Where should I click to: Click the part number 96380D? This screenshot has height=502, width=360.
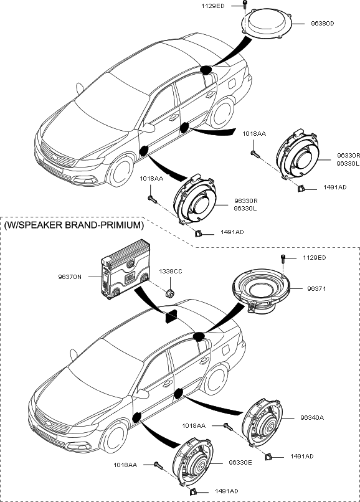(x=322, y=24)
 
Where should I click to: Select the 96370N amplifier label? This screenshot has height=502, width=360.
(x=70, y=277)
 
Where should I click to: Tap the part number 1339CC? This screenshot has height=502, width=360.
(x=171, y=271)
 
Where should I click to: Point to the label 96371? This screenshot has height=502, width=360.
(x=316, y=288)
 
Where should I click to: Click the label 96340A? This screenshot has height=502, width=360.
(x=312, y=417)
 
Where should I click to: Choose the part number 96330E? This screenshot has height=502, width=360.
(x=240, y=462)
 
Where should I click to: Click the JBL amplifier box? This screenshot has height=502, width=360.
(x=126, y=270)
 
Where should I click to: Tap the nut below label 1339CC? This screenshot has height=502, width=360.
(x=170, y=293)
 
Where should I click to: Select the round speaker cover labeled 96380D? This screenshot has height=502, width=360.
(x=267, y=23)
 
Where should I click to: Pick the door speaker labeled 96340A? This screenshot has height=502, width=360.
(x=262, y=422)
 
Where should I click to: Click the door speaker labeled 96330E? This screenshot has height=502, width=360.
(x=193, y=461)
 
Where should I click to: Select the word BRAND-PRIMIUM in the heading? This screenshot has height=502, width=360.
(x=103, y=225)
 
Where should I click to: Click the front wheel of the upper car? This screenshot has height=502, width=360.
(x=121, y=171)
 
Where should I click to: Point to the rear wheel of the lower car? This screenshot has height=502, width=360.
(x=216, y=379)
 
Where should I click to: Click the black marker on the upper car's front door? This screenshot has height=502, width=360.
(x=144, y=151)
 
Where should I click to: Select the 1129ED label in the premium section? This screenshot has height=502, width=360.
(x=315, y=258)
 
